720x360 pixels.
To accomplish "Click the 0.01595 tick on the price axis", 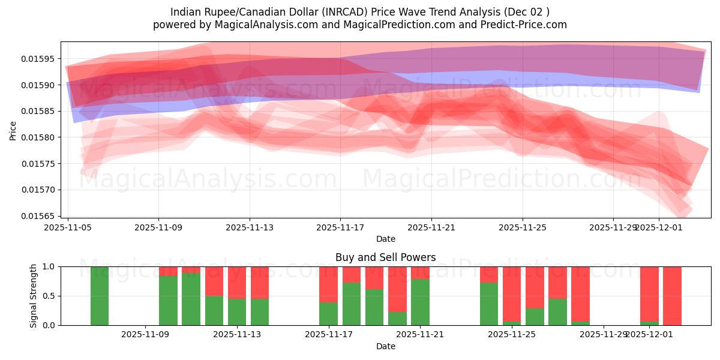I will tap(40, 59).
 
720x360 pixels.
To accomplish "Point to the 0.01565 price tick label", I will tap(40, 216).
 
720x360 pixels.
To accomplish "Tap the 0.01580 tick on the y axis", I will tap(40, 137).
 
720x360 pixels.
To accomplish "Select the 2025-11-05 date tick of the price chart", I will tap(68, 227).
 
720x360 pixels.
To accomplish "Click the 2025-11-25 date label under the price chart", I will tap(522, 227).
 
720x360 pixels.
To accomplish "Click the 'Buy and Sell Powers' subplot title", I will tap(385, 257).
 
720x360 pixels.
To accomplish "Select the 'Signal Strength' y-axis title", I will tap(34, 295).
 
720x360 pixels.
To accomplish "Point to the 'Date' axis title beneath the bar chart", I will tap(385, 346).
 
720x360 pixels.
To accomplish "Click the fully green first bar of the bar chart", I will tap(100, 296).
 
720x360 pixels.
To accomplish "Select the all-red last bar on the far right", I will tap(672, 296).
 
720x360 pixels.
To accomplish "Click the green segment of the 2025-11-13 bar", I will tap(237, 312).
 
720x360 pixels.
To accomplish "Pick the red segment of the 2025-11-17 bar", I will tap(328, 284).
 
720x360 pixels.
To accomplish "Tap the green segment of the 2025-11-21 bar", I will tap(419, 302).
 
